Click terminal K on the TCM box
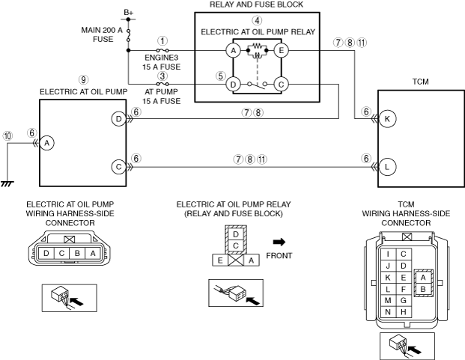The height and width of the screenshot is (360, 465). pyautogui.click(x=387, y=119)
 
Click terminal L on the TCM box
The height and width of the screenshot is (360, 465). pyautogui.click(x=387, y=167)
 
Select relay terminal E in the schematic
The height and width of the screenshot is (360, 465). pyautogui.click(x=281, y=51)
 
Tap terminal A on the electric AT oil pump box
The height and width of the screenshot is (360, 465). pyautogui.click(x=47, y=143)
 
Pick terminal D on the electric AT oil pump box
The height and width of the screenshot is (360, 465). pyautogui.click(x=118, y=119)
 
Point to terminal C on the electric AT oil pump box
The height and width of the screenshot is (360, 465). pyautogui.click(x=118, y=167)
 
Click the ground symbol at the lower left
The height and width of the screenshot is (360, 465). pyautogui.click(x=7, y=183)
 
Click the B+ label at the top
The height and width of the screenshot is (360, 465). pyautogui.click(x=128, y=13)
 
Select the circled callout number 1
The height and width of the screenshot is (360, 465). pyautogui.click(x=162, y=41)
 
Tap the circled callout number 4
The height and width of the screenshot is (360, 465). pyautogui.click(x=257, y=20)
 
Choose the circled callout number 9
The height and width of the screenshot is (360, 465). pyautogui.click(x=83, y=79)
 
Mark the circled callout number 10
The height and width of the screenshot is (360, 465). pyautogui.click(x=7, y=136)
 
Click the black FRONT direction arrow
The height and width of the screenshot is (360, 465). pyautogui.click(x=279, y=242)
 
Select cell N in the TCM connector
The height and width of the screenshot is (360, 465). pyautogui.click(x=388, y=312)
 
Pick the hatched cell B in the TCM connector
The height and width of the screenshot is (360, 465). pyautogui.click(x=423, y=289)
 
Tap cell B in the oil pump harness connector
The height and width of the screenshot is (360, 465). pyautogui.click(x=77, y=253)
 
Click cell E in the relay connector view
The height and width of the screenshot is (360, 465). pyautogui.click(x=220, y=260)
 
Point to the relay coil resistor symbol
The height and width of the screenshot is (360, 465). pyautogui.click(x=257, y=46)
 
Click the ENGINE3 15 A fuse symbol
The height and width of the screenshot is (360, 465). pyautogui.click(x=162, y=51)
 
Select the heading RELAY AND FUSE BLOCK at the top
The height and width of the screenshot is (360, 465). pyautogui.click(x=257, y=4)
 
